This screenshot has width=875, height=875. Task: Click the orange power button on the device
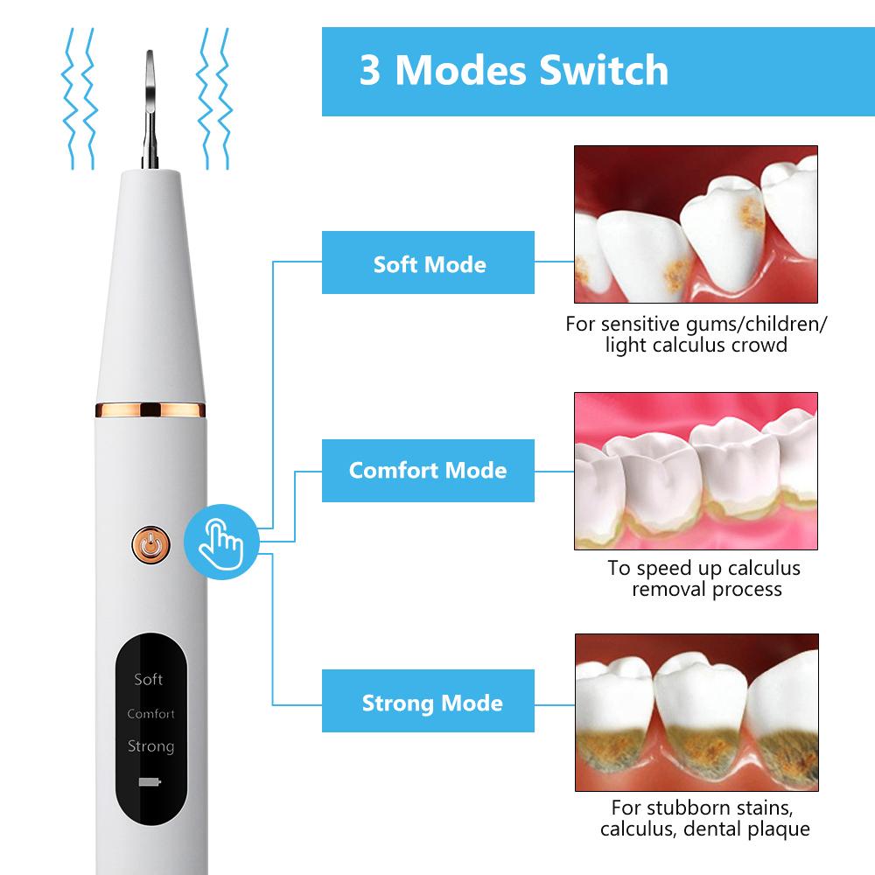point(150,544)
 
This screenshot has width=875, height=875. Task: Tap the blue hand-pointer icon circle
point(221,542)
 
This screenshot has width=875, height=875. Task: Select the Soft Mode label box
point(428,262)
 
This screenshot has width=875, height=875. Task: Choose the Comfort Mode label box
point(428,471)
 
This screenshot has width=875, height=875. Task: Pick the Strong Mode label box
point(428,701)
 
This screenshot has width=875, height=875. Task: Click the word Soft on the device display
point(149,679)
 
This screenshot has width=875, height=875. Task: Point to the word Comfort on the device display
point(150,714)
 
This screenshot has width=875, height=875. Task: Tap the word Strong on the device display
point(150,746)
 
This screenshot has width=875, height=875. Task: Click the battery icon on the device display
point(150,781)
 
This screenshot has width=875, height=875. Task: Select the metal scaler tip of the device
point(150,109)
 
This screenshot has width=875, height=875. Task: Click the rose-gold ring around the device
point(150,410)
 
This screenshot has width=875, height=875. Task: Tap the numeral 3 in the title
point(370,70)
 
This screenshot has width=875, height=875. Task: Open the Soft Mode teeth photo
point(696,224)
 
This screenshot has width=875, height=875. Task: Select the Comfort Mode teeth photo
point(696,471)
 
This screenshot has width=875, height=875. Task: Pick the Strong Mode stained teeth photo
point(696,712)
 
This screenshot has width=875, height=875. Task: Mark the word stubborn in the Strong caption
point(683,808)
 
